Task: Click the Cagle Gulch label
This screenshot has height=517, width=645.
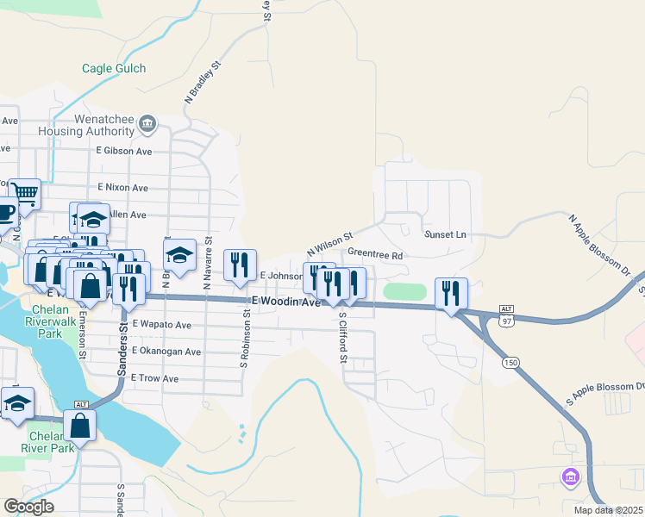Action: [x=114, y=68]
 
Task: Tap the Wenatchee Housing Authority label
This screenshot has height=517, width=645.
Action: [x=85, y=125]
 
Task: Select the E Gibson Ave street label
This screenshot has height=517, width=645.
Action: [x=124, y=151]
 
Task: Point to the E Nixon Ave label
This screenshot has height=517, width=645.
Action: [x=122, y=187]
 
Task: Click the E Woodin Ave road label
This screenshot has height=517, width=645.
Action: [x=285, y=302]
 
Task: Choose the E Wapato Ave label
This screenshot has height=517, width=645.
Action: [x=161, y=325]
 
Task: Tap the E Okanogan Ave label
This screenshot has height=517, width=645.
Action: [x=166, y=352]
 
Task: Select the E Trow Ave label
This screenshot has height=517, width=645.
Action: [x=154, y=378]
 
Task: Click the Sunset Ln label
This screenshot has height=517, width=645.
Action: [x=445, y=234]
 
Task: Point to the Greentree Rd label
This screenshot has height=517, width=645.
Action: [x=375, y=255]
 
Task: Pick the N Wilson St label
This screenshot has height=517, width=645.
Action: [x=330, y=246]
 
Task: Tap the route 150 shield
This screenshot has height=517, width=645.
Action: [x=511, y=363]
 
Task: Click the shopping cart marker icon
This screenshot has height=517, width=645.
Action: [x=24, y=195]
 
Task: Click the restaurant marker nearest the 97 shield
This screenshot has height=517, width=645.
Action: [x=451, y=293]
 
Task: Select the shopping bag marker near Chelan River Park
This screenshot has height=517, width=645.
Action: [x=79, y=425]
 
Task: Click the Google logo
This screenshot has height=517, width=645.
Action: [x=28, y=507]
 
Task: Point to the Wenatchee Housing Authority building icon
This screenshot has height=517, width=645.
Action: [x=147, y=125]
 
